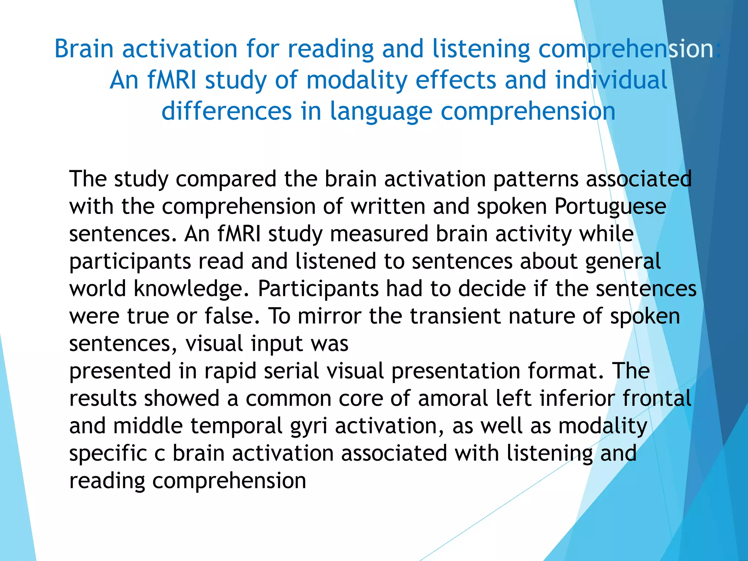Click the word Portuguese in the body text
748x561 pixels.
[x=610, y=207]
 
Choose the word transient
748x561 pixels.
[x=455, y=316]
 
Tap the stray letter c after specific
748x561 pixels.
[x=160, y=454]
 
